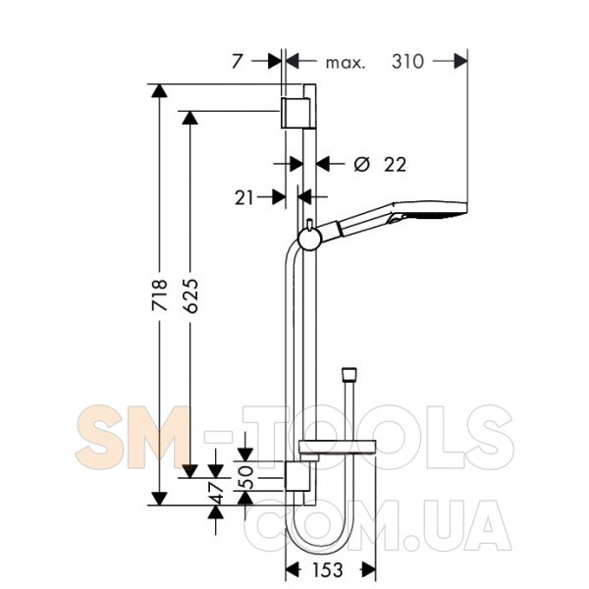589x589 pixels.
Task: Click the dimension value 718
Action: coord(159,294)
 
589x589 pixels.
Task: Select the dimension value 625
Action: coord(190,295)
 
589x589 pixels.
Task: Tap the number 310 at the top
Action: coord(408,61)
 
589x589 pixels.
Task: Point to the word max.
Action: coord(346,63)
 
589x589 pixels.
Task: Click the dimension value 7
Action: coord(238,61)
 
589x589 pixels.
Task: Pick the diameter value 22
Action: coord(395,165)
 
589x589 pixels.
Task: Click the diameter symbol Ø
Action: coord(362,164)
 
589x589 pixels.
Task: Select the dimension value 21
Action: coord(244,197)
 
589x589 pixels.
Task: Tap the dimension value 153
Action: coord(328,569)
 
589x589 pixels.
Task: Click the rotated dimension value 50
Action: coord(246,477)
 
